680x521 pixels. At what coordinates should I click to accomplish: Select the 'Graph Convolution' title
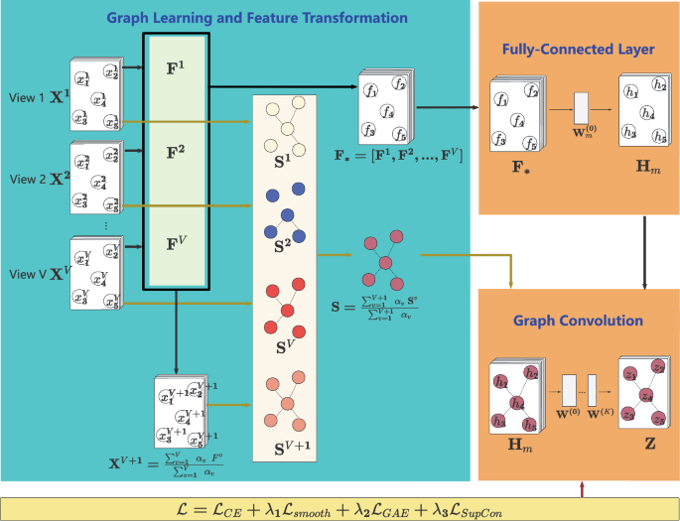click(578, 322)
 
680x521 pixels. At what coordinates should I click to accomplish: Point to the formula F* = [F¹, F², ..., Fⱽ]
click(399, 158)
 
